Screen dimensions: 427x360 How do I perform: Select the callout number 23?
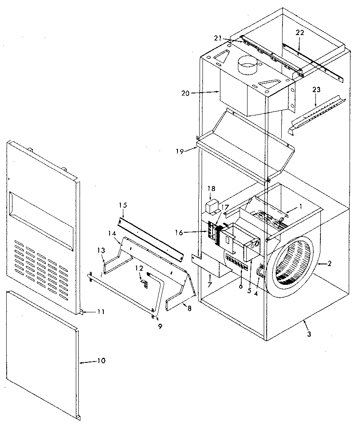pyautogui.click(x=316, y=89)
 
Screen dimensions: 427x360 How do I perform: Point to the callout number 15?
pyautogui.click(x=122, y=205)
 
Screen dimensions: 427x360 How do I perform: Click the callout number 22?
pyautogui.click(x=300, y=33)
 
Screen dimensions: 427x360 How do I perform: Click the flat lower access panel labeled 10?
pyautogui.click(x=42, y=354)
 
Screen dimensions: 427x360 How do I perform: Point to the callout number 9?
pyautogui.click(x=160, y=327)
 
